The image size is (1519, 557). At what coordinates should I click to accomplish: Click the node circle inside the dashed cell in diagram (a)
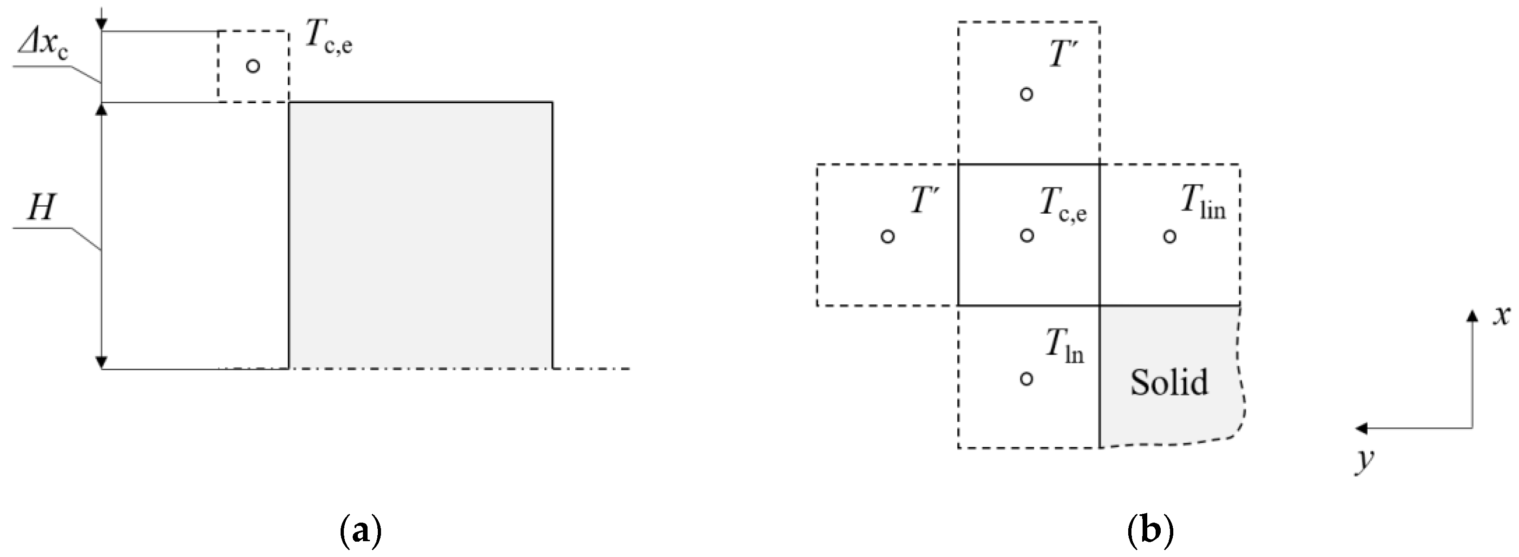pos(253,66)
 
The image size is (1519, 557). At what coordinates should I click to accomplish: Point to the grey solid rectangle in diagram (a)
pos(420,235)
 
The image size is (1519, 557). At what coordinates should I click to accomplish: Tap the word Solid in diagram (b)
pos(1169,382)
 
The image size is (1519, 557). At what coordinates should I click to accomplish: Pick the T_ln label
pos(1065,348)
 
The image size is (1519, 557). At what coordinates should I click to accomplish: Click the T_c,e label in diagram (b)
pos(1063,206)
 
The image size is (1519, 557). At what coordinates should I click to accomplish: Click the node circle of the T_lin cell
pos(1170,236)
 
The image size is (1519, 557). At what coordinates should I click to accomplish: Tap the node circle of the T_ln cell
pos(1026,379)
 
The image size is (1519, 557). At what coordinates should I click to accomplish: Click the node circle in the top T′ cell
pos(1026,94)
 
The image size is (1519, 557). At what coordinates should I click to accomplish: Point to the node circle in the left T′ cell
pos(888,236)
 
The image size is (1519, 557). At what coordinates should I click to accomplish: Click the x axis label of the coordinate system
pos(1501,316)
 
